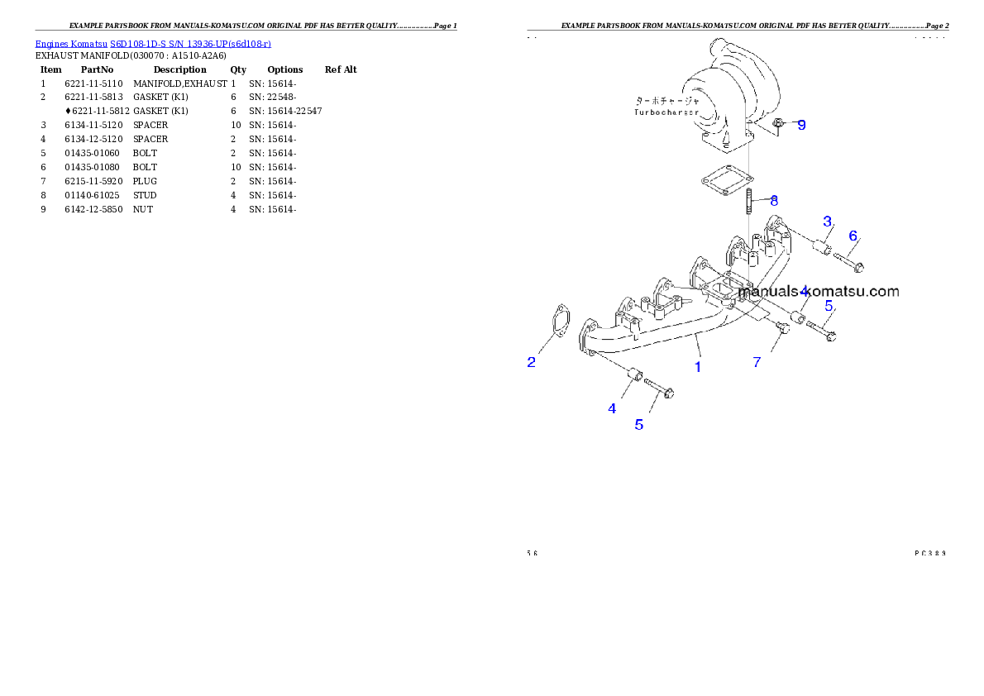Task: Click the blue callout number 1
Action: pyautogui.click(x=698, y=366)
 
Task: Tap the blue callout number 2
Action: pyautogui.click(x=532, y=361)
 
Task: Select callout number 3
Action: pyautogui.click(x=826, y=221)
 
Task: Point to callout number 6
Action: pyautogui.click(x=853, y=236)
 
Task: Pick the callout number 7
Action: pyautogui.click(x=756, y=362)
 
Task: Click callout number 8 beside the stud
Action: pyautogui.click(x=773, y=200)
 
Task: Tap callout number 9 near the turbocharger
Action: pyautogui.click(x=800, y=125)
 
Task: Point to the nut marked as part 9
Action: pyautogui.click(x=778, y=125)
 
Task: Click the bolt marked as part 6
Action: pyautogui.click(x=848, y=262)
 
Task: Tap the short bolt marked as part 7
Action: pyautogui.click(x=782, y=328)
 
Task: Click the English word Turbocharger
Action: pyautogui.click(x=666, y=112)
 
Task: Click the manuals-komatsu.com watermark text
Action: pyautogui.click(x=819, y=291)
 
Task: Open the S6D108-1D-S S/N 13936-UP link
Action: pyautogui.click(x=190, y=43)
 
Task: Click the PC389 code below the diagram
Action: pyautogui.click(x=930, y=552)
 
